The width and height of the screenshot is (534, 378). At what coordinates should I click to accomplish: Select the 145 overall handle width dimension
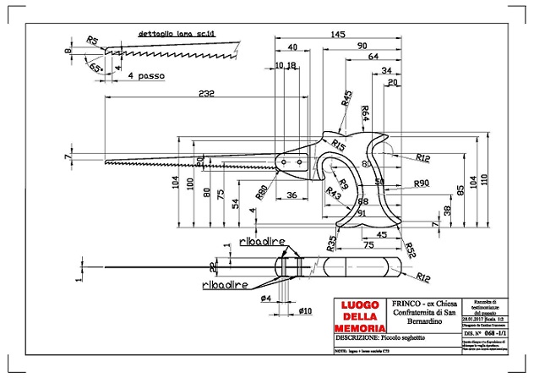tap(336, 35)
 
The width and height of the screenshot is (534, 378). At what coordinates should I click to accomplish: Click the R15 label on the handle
tap(339, 145)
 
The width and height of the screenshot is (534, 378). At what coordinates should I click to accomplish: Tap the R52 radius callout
tap(410, 249)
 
